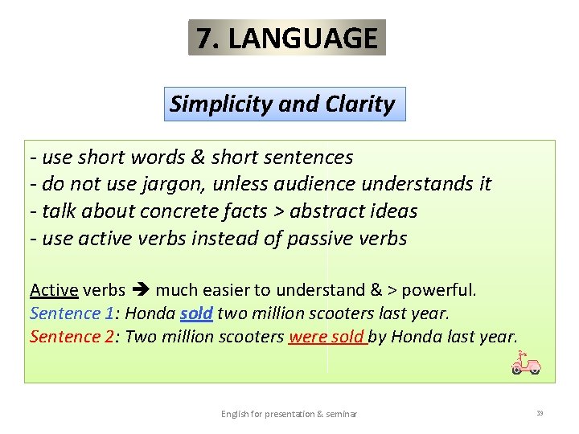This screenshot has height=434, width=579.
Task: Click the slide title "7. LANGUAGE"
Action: point(287,38)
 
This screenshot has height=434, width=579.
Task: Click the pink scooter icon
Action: point(526,364)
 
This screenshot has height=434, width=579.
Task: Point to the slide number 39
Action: point(540,413)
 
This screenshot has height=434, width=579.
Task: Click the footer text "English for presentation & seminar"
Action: point(289,414)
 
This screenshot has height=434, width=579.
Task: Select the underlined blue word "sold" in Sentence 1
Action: point(196,313)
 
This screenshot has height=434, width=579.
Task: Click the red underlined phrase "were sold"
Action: point(326,336)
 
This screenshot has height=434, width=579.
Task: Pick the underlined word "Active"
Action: point(54,289)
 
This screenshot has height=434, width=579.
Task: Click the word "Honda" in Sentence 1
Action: point(150,313)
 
